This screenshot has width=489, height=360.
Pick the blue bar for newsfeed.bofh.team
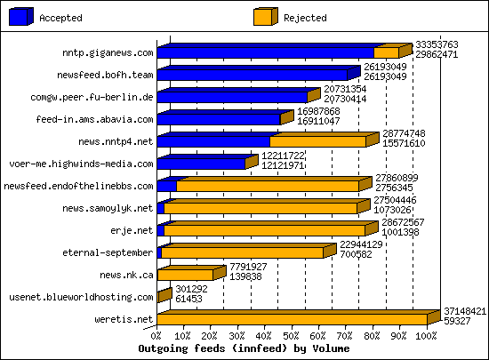click(252, 75)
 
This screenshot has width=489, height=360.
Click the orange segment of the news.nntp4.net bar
click(317, 141)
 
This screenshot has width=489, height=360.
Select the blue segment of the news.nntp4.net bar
click(212, 141)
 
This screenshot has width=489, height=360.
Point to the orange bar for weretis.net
click(294, 319)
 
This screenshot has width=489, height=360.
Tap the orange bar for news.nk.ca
click(185, 275)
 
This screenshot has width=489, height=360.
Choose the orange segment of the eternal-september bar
click(241, 252)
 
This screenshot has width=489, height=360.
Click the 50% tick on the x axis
click(292, 336)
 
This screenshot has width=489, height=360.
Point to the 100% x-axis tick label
click(426, 336)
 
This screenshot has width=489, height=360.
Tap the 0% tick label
click(156, 336)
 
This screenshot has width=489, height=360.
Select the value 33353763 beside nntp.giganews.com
click(437, 44)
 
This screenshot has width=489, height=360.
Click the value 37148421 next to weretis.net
click(464, 311)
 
